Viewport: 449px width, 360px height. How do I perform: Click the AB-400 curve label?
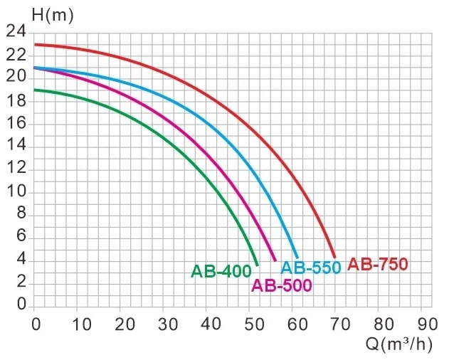pyautogui.click(x=221, y=271)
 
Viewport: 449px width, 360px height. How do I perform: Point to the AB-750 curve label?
pyautogui.click(x=378, y=265)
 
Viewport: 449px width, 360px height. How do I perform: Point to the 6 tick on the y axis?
pyautogui.click(x=21, y=237)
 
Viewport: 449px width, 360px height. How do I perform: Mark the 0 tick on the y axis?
pyautogui.click(x=21, y=305)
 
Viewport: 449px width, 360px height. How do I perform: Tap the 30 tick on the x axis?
pyautogui.click(x=165, y=324)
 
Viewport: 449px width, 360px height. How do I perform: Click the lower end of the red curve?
pyautogui.click(x=334, y=257)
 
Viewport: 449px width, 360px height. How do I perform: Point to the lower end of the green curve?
pyautogui.click(x=257, y=264)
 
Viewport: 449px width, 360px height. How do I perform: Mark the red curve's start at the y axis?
pyautogui.click(x=36, y=44)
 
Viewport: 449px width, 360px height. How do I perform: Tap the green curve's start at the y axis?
pyautogui.click(x=36, y=90)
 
